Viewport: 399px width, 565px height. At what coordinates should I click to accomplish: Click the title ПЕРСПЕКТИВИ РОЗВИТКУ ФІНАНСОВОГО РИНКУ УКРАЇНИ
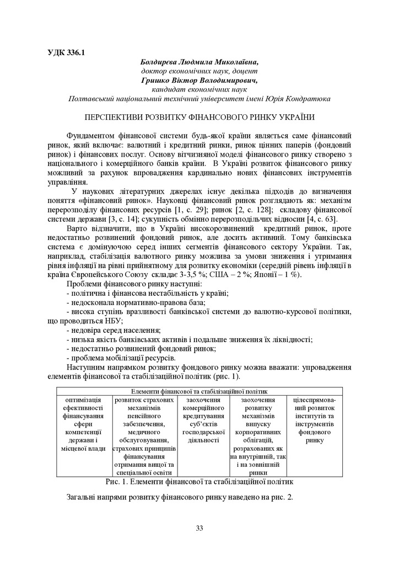(x=199, y=118)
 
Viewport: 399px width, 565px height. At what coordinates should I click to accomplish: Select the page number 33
(x=199, y=528)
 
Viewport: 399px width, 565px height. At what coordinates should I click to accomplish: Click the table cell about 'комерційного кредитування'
(x=203, y=420)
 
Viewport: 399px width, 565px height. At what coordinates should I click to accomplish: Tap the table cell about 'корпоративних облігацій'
(x=257, y=436)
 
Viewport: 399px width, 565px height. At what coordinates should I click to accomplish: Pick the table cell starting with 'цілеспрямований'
(x=315, y=420)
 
